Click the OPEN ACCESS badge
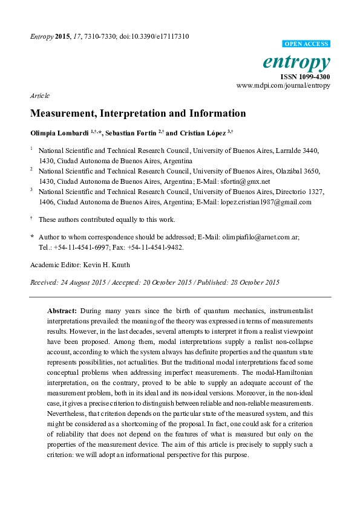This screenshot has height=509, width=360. point(307,44)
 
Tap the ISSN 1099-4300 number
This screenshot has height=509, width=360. point(305,77)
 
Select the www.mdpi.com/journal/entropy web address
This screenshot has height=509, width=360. point(283,86)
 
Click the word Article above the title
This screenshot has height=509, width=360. point(39,96)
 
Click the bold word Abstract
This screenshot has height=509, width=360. point(62,310)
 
